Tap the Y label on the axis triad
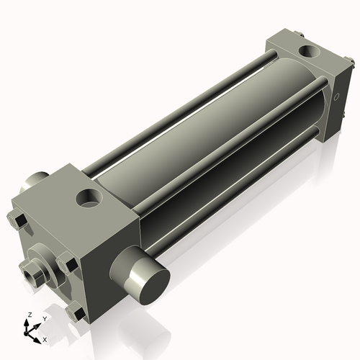click(44, 318)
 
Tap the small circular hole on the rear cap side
click(336, 96)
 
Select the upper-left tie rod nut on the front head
click(19, 219)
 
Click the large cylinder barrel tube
click(216, 122)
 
